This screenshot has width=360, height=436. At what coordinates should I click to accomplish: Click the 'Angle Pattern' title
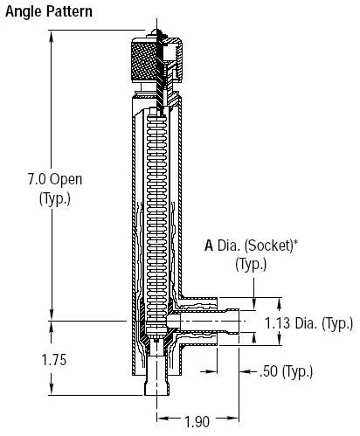point(49,12)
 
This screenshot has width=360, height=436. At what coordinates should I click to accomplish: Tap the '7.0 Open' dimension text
point(55,179)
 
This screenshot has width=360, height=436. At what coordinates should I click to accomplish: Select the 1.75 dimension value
point(54,360)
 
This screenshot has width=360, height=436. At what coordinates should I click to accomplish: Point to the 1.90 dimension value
point(197,421)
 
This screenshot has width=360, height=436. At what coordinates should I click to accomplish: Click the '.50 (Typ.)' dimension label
point(286,371)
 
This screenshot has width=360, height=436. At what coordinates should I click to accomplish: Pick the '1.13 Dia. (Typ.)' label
point(309,323)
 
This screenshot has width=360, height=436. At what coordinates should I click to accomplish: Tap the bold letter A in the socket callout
point(209,246)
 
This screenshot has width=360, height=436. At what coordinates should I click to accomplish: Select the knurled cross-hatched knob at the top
point(144,60)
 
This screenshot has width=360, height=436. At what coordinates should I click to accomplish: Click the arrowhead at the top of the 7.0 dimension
point(52,36)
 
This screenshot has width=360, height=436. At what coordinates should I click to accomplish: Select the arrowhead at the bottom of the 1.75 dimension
point(52,390)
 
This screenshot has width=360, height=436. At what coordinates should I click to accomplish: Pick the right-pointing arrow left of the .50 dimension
point(211,371)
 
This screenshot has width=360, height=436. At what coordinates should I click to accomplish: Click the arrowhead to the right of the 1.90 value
point(233,419)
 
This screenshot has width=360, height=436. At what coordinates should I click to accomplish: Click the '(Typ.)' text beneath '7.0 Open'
point(55,199)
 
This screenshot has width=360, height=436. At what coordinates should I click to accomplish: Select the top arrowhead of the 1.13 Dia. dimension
point(280,303)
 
